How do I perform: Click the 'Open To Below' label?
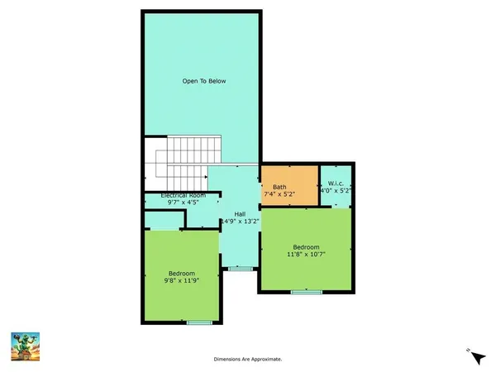pyautogui.click(x=204, y=81)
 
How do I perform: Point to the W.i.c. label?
pyautogui.click(x=336, y=184)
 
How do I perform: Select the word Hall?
pyautogui.click(x=240, y=214)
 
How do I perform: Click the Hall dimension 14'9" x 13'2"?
pyautogui.click(x=240, y=222)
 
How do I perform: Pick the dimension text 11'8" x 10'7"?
pyautogui.click(x=306, y=255)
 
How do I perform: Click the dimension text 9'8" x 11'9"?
pyautogui.click(x=181, y=281)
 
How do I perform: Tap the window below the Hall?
pyautogui.click(x=240, y=269)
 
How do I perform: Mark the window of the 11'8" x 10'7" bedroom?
pyautogui.click(x=306, y=292)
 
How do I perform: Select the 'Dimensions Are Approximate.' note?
pyautogui.click(x=248, y=359)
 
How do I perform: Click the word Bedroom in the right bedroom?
pyautogui.click(x=306, y=246)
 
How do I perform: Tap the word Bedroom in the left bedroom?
pyautogui.click(x=181, y=274)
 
